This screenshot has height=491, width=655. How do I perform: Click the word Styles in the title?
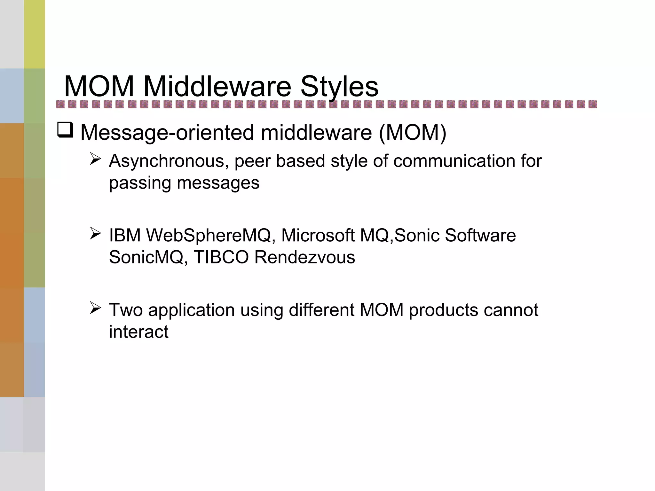click(339, 87)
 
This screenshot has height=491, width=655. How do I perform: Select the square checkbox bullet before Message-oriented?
click(66, 130)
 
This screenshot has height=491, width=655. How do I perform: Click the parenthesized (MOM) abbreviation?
click(413, 132)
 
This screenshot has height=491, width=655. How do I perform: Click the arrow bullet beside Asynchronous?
click(95, 159)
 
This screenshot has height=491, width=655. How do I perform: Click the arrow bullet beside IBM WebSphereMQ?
click(95, 233)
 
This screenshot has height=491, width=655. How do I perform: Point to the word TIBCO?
click(221, 257)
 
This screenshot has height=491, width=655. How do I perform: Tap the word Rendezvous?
click(304, 257)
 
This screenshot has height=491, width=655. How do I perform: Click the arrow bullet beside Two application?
click(95, 308)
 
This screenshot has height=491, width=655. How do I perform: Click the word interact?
click(138, 332)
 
